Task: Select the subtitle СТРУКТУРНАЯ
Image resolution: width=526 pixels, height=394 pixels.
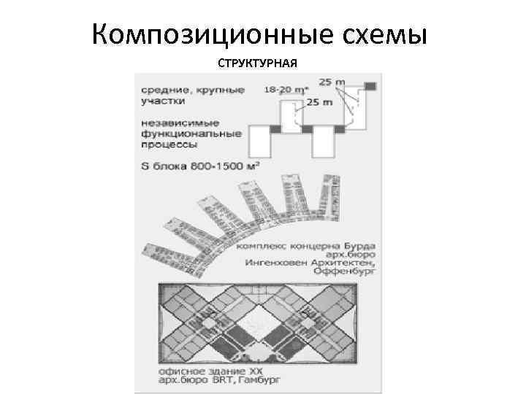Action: click(257, 63)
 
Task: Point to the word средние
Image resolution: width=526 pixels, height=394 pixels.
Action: click(163, 89)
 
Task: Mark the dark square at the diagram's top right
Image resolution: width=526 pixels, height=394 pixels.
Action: click(370, 87)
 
